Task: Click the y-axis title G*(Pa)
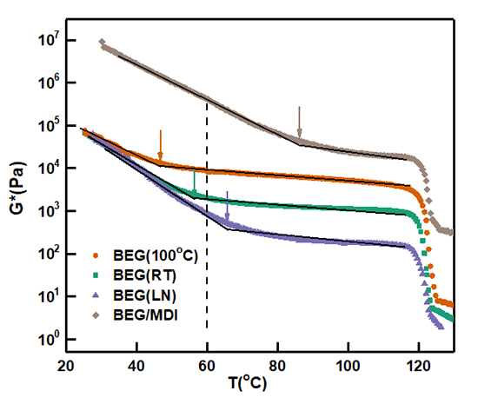click(x=17, y=187)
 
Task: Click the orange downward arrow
click(x=160, y=144)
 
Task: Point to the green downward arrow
click(x=195, y=183)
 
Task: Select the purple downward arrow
click(x=227, y=206)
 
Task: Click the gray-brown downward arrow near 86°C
click(x=299, y=123)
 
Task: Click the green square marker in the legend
click(x=96, y=276)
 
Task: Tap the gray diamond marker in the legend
click(x=96, y=316)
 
